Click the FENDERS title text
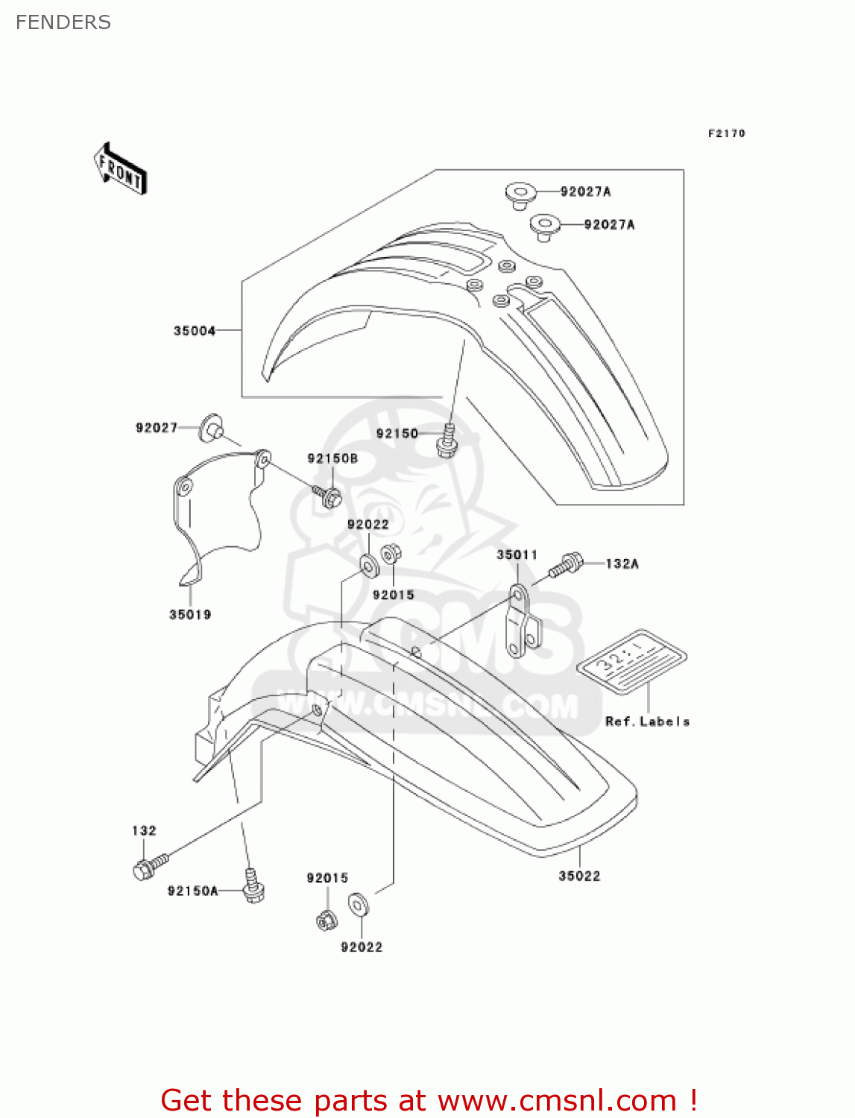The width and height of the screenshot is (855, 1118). coord(63,22)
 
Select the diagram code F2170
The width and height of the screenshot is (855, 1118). coord(726,133)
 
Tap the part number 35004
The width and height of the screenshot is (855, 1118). coord(195,331)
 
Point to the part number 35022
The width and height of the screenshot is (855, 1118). coord(579,876)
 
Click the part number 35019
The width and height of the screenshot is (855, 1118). coord(190,614)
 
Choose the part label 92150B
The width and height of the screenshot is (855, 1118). coord(332,458)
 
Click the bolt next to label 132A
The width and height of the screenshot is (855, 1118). coord(566,566)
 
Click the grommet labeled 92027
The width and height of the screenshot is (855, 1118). coord(211,429)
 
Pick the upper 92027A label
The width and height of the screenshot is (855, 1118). coord(585,192)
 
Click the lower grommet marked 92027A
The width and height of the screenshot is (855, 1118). coord(545,225)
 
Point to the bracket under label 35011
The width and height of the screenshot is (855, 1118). coord(523,621)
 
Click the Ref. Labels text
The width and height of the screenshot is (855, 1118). coord(647,721)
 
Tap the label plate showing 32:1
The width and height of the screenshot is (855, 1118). coord(632,660)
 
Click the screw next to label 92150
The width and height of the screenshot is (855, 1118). coord(447,440)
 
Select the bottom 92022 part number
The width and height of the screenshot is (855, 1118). coord(362,947)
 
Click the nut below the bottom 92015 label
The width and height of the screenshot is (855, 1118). coord(326,920)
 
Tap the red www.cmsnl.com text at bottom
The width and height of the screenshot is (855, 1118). coord(556,1100)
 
